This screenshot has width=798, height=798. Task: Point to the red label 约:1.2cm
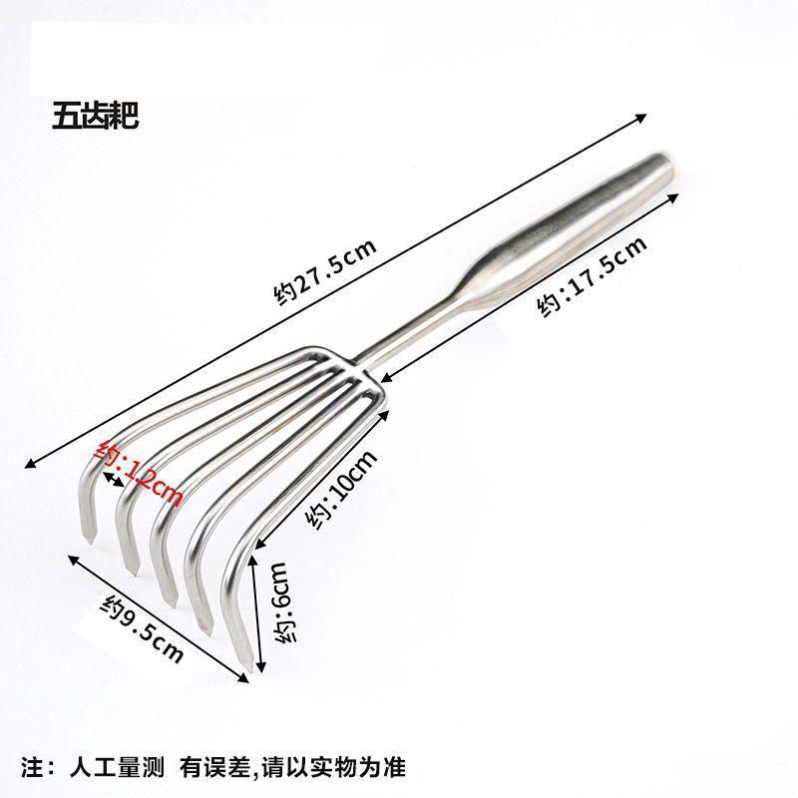point(140,474)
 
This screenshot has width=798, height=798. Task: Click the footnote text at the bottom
point(215,768)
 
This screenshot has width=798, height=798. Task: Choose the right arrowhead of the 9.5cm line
point(246,679)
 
